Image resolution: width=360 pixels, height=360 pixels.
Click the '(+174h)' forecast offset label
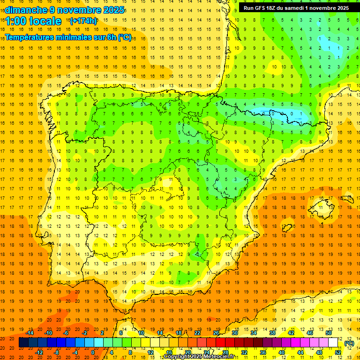pyautogui.click(x=83, y=21)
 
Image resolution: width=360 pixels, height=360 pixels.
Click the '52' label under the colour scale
pyautogui.click(x=338, y=352)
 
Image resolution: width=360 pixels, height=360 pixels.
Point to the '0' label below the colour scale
pyautogui.click(x=93, y=352)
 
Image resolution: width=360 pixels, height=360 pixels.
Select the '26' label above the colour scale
pyautogui.click(x=216, y=333)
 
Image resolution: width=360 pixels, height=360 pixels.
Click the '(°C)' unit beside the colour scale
pyautogui.click(x=349, y=343)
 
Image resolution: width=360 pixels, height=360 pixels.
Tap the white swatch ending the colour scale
pyautogui.click(x=333, y=343)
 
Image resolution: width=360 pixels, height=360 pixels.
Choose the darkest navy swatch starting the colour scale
pyautogui.click(x=24, y=343)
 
